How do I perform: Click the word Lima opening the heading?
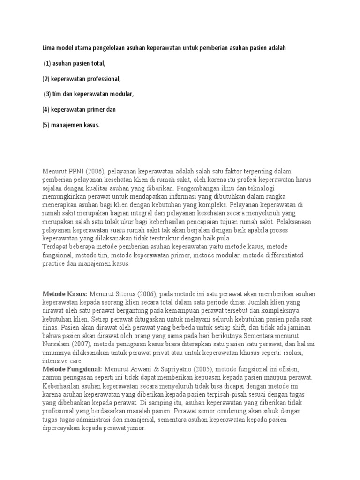pyautogui.click(x=48, y=48)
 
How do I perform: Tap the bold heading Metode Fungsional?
pyautogui.click(x=72, y=370)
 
